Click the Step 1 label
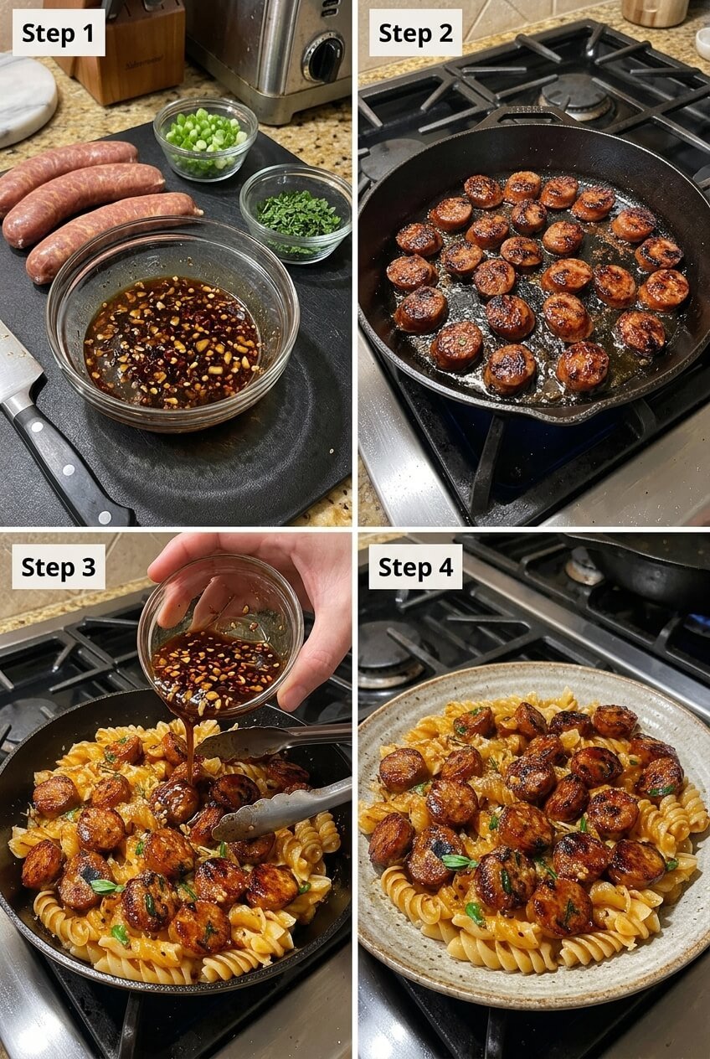click(59, 34)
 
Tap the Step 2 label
click(415, 34)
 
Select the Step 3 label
click(59, 567)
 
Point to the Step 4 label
click(415, 567)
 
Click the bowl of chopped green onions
click(205, 138)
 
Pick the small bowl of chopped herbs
click(296, 214)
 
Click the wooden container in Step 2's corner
click(655, 12)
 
